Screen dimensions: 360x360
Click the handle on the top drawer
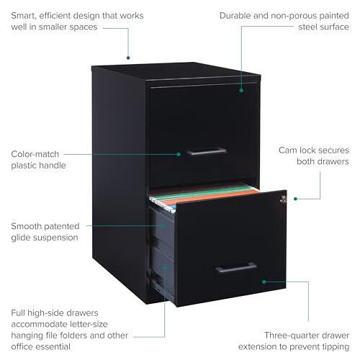tap(207, 152)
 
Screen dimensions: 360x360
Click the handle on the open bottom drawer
tap(236, 268)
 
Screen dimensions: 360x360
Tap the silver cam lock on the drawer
tap(284, 199)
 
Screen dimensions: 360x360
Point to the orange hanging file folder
tap(211, 197)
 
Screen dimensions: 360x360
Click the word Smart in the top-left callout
tap(23, 16)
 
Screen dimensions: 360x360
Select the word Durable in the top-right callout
tap(235, 16)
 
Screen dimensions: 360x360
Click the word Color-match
tap(35, 154)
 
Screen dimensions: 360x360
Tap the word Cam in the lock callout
tap(287, 150)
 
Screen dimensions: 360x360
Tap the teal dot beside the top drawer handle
tap(179, 154)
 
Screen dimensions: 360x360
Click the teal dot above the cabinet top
tap(128, 58)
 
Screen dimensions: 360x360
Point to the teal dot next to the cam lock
tap(296, 199)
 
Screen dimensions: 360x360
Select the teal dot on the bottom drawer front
tap(264, 282)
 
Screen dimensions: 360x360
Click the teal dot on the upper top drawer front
tap(241, 90)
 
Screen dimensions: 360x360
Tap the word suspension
tap(55, 238)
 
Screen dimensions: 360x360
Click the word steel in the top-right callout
tap(308, 27)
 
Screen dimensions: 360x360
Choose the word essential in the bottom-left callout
tap(55, 346)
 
